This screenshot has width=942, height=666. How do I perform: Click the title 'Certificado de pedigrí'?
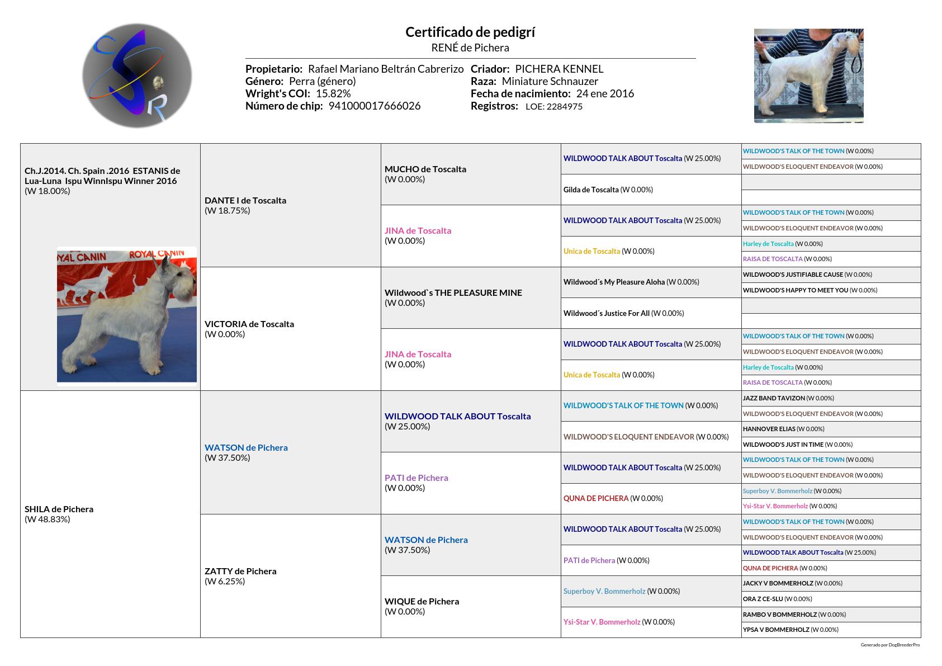point(470,32)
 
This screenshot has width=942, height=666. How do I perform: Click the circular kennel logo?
point(137,75)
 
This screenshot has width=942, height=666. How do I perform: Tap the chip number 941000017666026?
point(374,106)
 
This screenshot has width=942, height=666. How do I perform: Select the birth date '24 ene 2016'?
point(605,93)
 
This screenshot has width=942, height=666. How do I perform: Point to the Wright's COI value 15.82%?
point(333,93)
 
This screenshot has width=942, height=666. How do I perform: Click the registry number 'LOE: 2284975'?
point(553,106)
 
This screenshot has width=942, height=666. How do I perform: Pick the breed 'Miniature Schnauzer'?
point(550,81)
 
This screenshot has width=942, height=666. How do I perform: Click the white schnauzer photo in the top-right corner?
point(808,75)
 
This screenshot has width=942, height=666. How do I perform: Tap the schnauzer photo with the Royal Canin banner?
point(127,315)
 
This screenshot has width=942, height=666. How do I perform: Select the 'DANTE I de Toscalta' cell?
point(245,200)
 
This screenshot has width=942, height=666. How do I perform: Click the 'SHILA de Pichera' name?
point(59,509)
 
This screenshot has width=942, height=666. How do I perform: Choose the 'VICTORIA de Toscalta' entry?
point(249,324)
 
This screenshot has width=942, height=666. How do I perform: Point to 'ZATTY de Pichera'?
point(240,571)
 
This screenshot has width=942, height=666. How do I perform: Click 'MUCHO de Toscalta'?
point(425,169)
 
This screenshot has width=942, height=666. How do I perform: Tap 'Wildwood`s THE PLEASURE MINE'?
point(453,292)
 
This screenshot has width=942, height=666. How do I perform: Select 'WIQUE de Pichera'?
point(422,601)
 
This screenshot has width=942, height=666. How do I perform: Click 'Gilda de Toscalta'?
point(591,190)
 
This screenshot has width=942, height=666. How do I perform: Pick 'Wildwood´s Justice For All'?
point(607,313)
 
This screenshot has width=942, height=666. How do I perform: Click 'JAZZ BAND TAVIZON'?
point(774,398)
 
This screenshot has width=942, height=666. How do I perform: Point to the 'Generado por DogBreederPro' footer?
point(890,645)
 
